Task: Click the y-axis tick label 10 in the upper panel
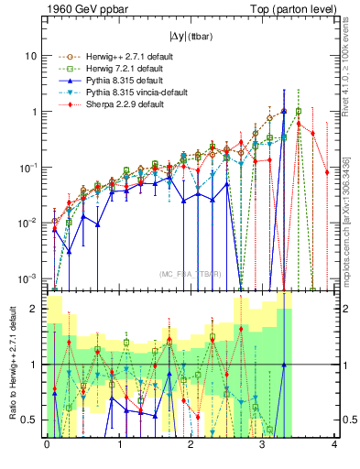[30, 56]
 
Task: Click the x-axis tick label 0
[47, 446]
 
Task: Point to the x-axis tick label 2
[191, 446]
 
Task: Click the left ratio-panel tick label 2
[34, 309]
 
